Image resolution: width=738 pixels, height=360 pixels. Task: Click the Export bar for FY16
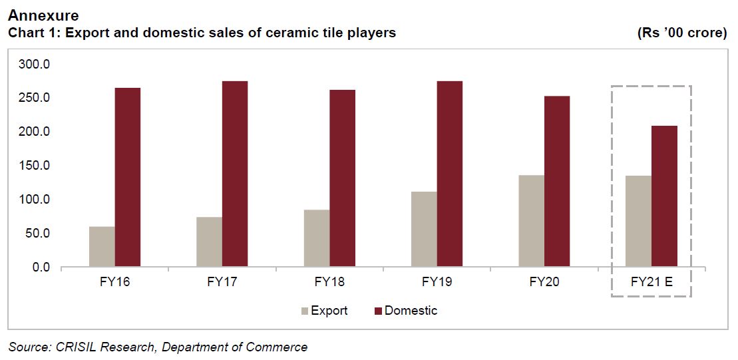point(102,247)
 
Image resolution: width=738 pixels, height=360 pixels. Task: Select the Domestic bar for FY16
point(127,178)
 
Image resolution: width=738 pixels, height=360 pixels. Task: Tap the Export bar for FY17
point(209,242)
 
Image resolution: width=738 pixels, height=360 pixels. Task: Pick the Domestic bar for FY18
point(342,178)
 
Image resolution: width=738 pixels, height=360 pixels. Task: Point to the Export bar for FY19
point(424,230)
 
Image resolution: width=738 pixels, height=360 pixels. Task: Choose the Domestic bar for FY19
point(449,174)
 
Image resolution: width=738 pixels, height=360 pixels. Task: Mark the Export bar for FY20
point(531,222)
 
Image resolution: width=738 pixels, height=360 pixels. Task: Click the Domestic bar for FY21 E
point(664,196)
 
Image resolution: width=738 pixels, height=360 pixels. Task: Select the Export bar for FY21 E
point(638,222)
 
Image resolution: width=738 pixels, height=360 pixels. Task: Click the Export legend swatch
point(305,311)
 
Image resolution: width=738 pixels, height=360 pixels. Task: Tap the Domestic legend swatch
point(379,311)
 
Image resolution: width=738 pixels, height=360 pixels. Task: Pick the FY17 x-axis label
point(222,282)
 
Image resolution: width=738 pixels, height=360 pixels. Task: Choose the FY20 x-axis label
point(544,282)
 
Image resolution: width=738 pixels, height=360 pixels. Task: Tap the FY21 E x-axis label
point(651,282)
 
